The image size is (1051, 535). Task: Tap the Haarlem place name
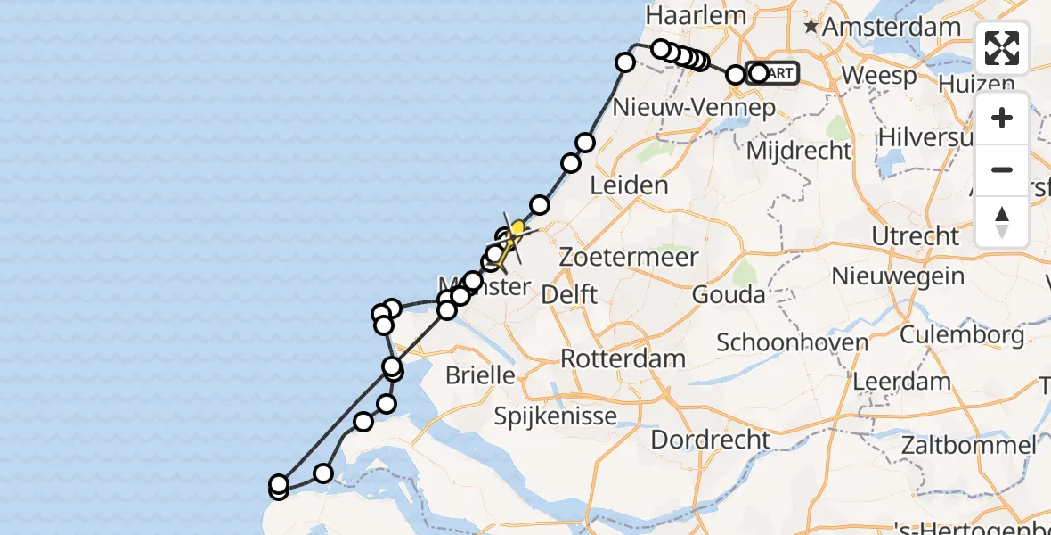pos(683,15)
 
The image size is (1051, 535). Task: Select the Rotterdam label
pos(623,358)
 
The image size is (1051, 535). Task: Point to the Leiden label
pos(630,185)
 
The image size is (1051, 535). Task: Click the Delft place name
pos(568,293)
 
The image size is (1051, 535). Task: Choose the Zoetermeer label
pos(629,257)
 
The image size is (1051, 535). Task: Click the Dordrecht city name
pos(710,439)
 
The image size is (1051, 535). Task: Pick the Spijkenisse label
pos(555,416)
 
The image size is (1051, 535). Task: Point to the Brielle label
pos(482,374)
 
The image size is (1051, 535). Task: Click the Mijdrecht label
pos(799,150)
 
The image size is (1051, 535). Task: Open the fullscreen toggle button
pos(1002,48)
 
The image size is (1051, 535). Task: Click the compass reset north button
pos(1002,222)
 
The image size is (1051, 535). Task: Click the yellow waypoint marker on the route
pos(517,227)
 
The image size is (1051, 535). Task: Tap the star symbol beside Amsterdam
pos(811,28)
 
